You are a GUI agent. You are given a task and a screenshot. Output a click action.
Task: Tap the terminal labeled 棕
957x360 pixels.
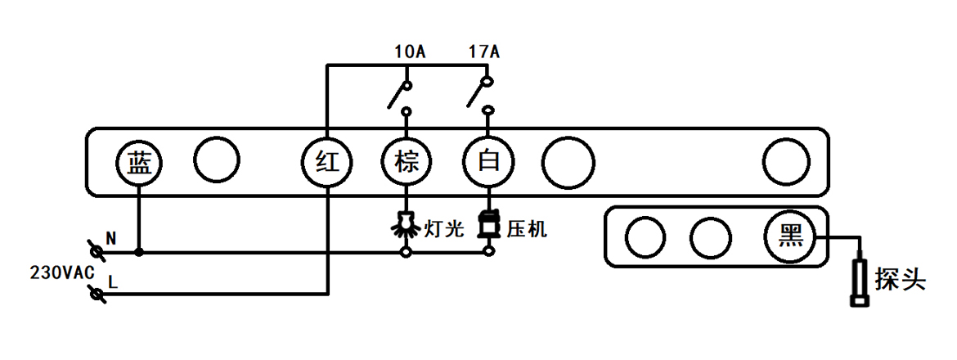[406, 162]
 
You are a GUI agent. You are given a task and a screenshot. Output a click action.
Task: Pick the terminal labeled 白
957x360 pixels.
[488, 162]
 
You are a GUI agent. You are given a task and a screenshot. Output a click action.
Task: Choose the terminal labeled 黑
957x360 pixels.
[789, 237]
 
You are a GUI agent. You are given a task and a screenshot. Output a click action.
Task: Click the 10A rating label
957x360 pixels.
[409, 53]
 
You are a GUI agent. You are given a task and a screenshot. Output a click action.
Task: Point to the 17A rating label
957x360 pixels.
[483, 53]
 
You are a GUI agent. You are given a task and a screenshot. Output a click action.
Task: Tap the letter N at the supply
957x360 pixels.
[111, 239]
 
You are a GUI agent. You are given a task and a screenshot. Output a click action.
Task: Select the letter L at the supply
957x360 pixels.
[113, 283]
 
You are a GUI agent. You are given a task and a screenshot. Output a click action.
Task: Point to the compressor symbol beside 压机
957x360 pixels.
[488, 224]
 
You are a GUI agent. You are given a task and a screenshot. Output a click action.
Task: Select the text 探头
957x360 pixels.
[900, 279]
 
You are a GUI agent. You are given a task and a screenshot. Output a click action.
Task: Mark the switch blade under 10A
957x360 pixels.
[398, 95]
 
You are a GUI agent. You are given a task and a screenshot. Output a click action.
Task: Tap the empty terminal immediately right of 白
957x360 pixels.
[568, 162]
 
